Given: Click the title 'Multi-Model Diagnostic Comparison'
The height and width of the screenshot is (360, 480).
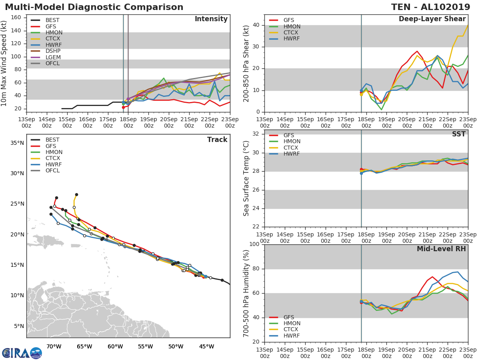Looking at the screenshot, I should click(x=94, y=7).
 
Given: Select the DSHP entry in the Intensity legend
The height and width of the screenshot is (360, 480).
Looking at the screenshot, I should click(x=53, y=51).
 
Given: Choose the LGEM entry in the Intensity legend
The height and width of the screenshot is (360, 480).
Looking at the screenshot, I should click(x=53, y=57).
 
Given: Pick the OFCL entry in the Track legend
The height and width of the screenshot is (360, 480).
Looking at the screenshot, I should click(x=52, y=170).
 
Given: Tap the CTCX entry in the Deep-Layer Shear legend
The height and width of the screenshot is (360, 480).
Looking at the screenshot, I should click(x=291, y=32).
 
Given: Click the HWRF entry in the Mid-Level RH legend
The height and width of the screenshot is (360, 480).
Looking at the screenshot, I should click(x=291, y=336).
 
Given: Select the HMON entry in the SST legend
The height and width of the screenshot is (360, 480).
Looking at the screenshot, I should click(x=292, y=142).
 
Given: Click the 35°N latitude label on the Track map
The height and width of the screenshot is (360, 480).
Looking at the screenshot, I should click(x=17, y=143).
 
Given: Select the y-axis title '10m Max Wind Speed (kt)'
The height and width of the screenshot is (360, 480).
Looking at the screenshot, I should click(x=5, y=63).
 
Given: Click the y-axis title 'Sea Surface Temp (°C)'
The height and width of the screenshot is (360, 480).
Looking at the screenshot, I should click(x=246, y=178).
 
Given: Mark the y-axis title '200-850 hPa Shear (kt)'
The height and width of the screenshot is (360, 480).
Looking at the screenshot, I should click(x=246, y=63).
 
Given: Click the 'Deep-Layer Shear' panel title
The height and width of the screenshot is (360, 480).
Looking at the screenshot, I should click(x=432, y=19).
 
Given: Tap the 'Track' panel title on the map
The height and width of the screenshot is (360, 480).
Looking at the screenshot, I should click(x=217, y=140).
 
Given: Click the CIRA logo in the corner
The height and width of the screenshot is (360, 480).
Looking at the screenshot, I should click(x=22, y=353).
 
